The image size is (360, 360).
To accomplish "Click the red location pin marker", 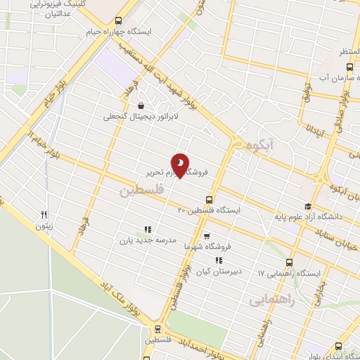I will click(180, 166).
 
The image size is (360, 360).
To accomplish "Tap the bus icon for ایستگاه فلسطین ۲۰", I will click(208, 199).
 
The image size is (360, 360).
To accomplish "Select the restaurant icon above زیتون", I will click(44, 215).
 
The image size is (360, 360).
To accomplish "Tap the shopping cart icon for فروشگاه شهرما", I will click(206, 236).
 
